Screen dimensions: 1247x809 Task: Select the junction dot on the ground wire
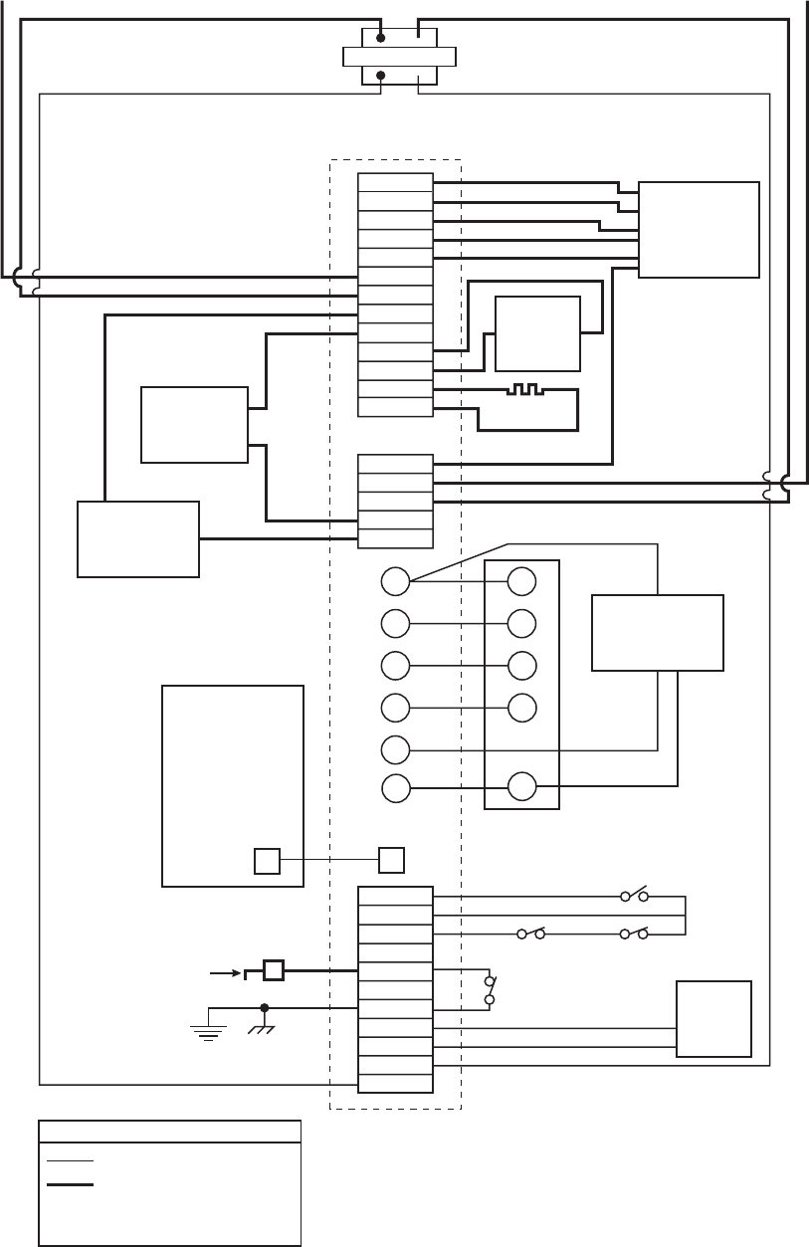[264, 1006]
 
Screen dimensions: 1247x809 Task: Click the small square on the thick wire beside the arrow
[273, 969]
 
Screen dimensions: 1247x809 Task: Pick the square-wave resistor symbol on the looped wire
[522, 388]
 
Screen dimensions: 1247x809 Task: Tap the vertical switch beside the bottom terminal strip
[489, 988]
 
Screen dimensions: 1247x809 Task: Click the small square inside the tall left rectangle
[267, 860]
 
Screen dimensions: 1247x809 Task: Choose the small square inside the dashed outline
[391, 860]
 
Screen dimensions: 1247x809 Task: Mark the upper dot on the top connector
[380, 38]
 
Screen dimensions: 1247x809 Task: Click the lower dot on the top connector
[380, 75]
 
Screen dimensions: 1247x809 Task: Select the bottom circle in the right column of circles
[521, 787]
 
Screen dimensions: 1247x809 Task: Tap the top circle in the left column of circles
[395, 582]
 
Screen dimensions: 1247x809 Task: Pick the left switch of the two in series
[529, 935]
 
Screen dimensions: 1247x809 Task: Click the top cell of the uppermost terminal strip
[395, 183]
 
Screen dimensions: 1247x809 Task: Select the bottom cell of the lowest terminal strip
[395, 1083]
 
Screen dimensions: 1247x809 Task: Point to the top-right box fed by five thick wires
[699, 230]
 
